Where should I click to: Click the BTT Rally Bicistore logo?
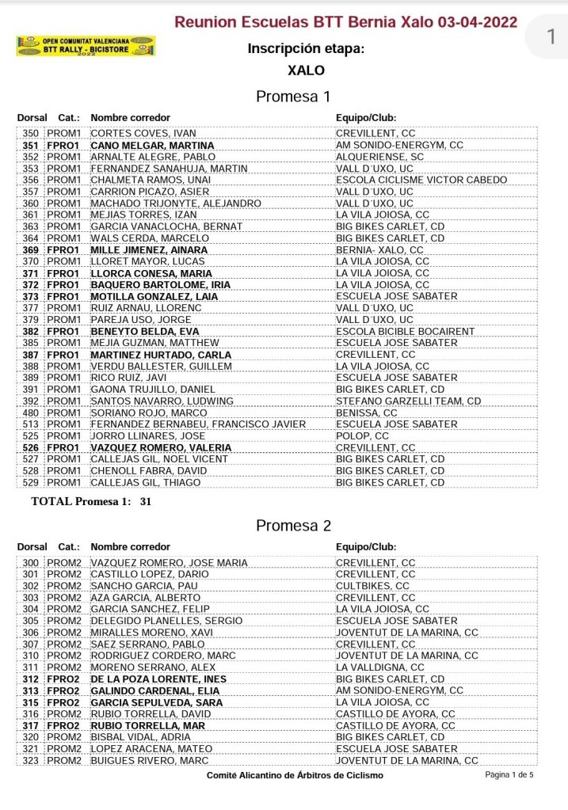click(86, 46)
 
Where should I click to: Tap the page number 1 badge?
click(551, 36)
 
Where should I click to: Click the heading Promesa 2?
click(293, 526)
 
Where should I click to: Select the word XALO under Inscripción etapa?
click(307, 70)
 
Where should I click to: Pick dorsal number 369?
click(31, 250)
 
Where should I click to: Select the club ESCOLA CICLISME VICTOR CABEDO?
click(421, 180)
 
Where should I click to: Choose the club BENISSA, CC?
click(367, 413)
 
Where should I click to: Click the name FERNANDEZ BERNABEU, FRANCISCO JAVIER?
click(198, 424)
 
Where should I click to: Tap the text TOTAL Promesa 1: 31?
click(91, 501)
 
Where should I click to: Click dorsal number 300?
click(31, 563)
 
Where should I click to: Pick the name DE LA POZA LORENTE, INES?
click(158, 679)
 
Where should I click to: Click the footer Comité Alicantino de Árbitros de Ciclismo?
click(295, 775)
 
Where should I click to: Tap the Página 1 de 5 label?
click(509, 774)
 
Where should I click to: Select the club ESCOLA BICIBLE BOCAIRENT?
click(406, 331)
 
